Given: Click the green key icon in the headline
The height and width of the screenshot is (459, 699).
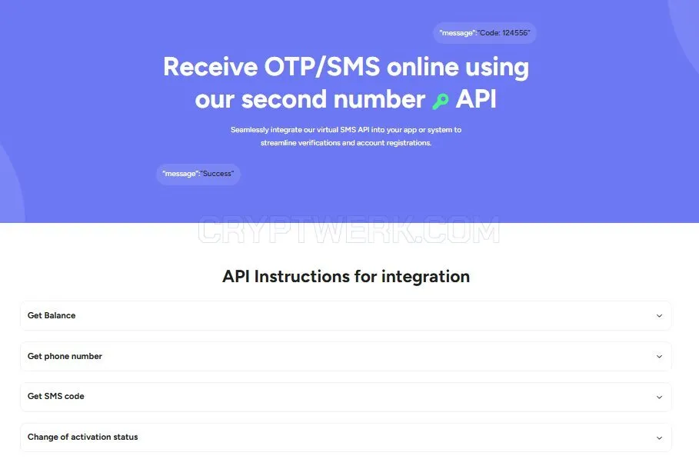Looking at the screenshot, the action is click(x=440, y=101).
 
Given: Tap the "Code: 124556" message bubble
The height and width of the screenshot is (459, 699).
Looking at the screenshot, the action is click(x=484, y=33).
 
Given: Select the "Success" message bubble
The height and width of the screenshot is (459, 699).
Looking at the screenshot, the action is click(x=198, y=174).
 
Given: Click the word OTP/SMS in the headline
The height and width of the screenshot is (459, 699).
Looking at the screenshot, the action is click(x=322, y=67).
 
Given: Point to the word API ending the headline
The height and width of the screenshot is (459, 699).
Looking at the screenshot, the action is click(x=476, y=99).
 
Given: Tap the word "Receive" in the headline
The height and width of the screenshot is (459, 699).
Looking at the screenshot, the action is click(x=211, y=67).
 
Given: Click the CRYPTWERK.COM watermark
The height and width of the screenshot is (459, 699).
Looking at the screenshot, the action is click(x=348, y=230).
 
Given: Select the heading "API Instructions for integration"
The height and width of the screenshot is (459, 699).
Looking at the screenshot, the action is click(x=346, y=276).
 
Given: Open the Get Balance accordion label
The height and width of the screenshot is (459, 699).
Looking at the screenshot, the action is click(x=52, y=315).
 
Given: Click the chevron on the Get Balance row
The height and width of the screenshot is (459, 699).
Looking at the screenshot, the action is click(x=659, y=316).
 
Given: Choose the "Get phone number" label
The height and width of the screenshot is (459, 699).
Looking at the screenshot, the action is click(x=65, y=356).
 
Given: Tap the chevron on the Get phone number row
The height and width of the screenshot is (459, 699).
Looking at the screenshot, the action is click(x=659, y=357).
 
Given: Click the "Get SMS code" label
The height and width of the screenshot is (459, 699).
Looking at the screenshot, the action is click(x=55, y=396).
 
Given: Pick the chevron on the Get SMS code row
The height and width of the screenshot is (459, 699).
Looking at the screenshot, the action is click(x=659, y=397).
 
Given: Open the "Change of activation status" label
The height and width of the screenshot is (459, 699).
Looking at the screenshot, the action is click(x=82, y=437).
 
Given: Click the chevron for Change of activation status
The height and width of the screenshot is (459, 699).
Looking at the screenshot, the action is click(x=659, y=438).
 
